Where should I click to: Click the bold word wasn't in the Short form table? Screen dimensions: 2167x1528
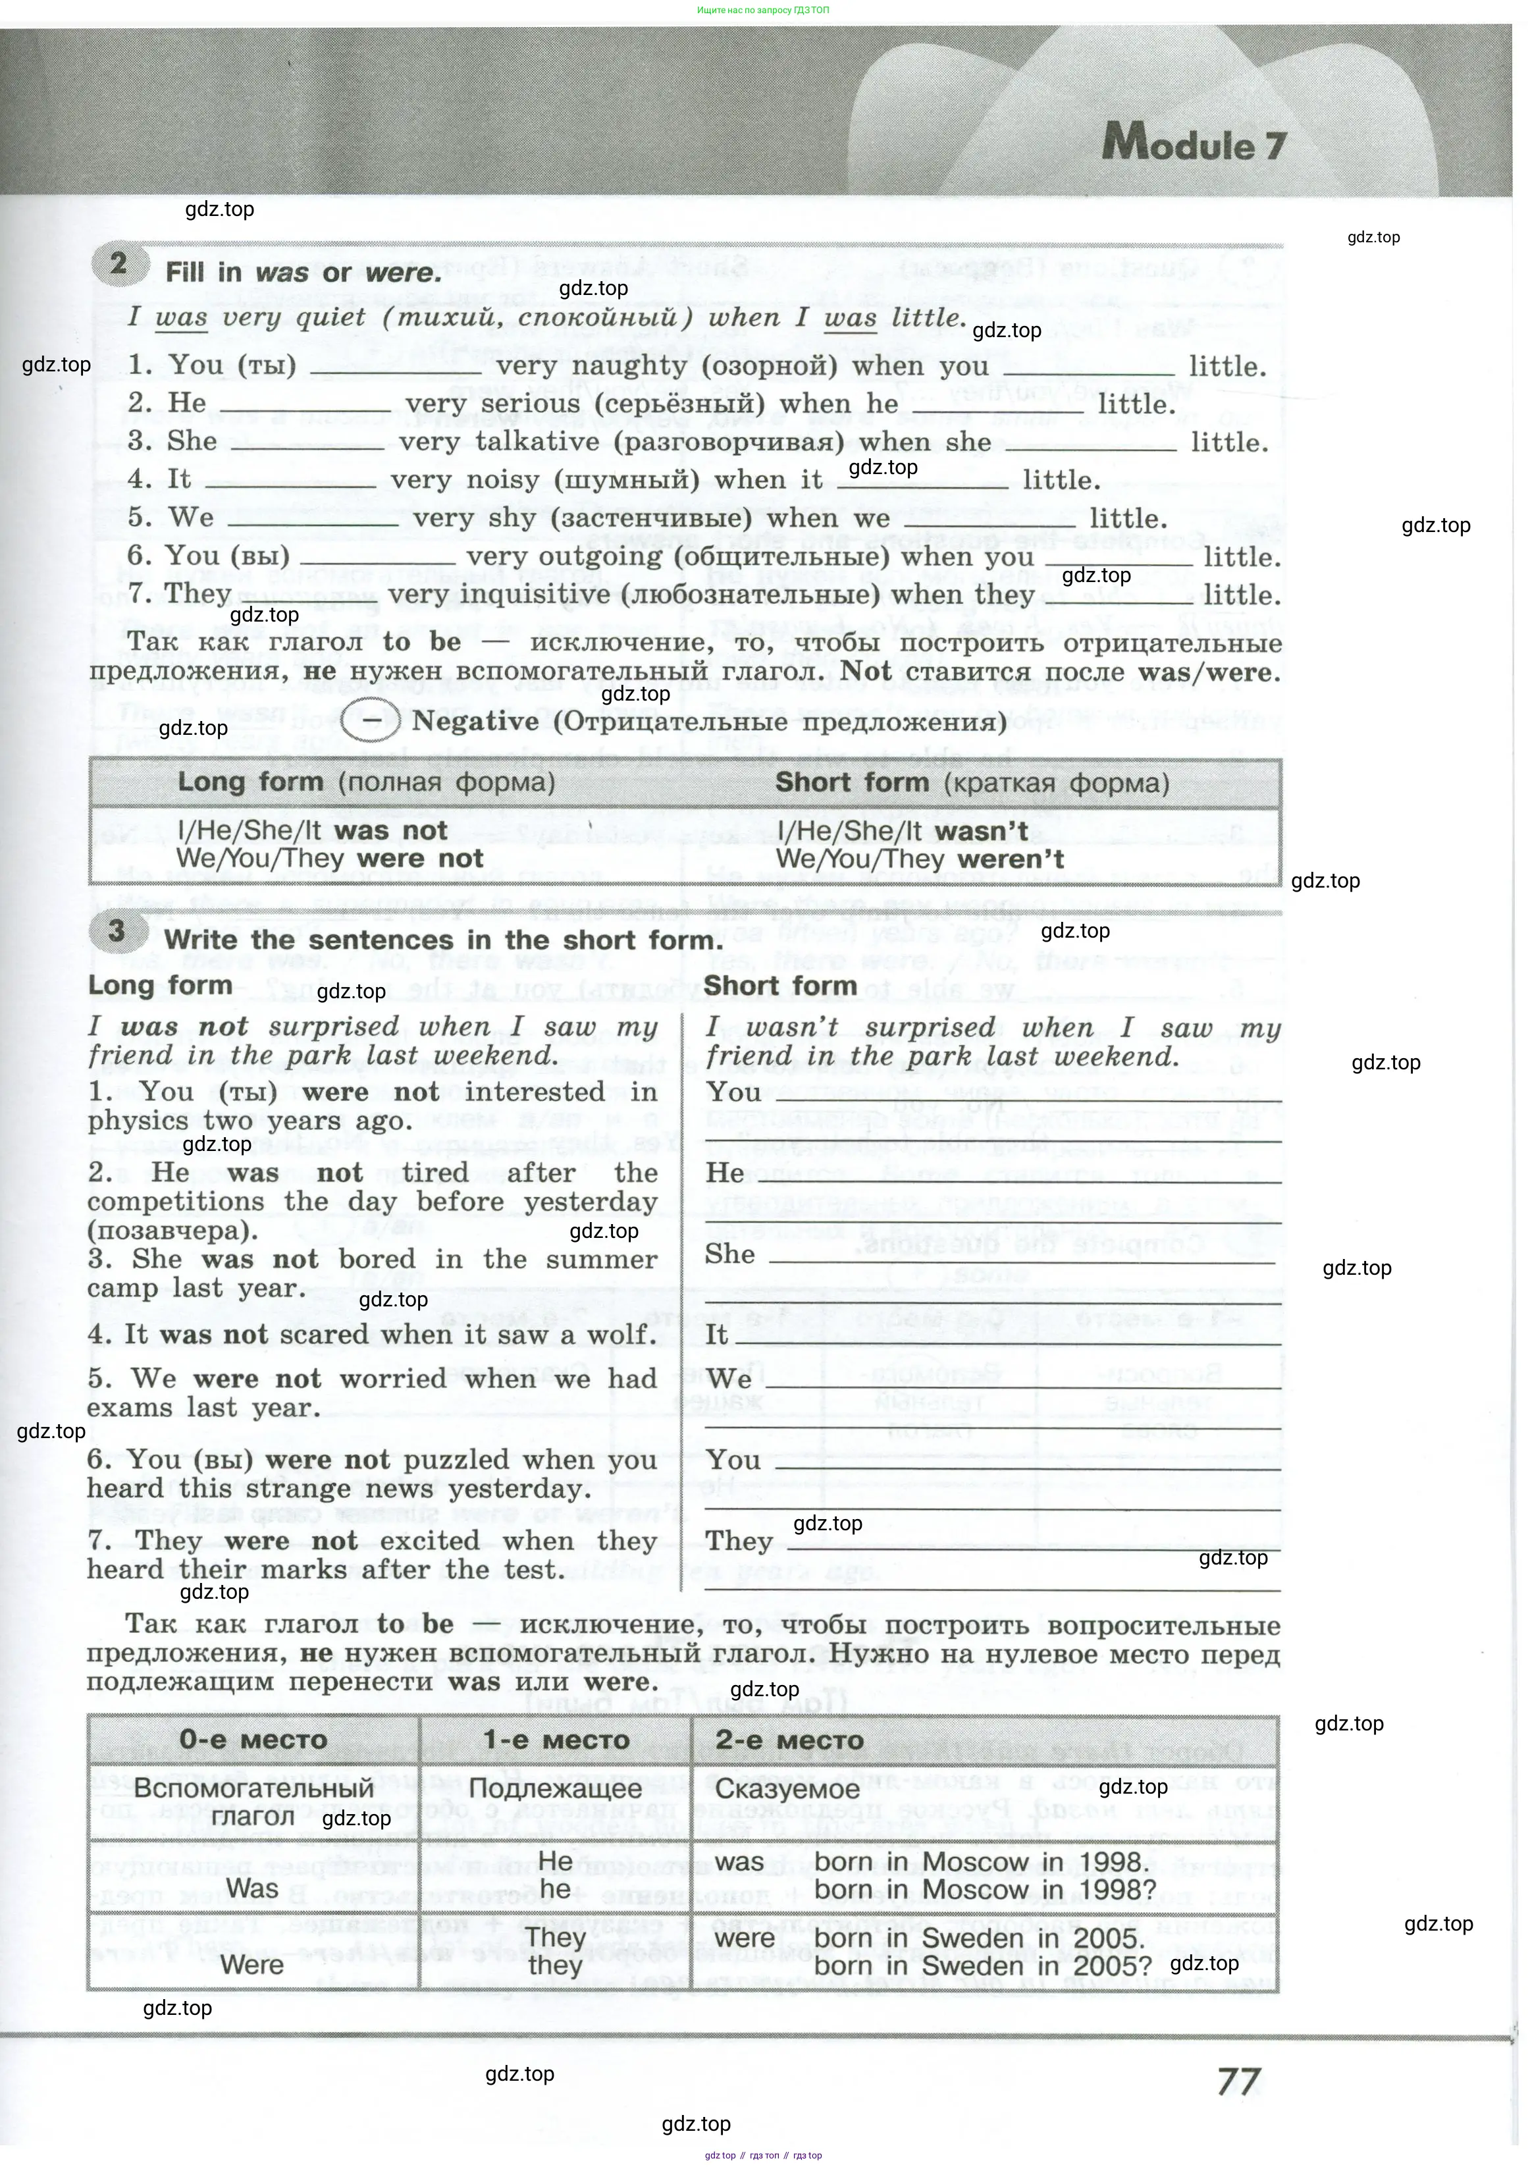click(981, 832)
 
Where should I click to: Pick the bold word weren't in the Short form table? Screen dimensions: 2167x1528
click(1010, 860)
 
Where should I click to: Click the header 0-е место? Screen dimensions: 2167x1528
click(253, 1740)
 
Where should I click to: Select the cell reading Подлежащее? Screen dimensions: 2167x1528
click(555, 1788)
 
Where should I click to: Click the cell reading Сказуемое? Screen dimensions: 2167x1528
click(787, 1788)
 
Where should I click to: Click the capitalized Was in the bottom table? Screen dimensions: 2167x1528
click(252, 1888)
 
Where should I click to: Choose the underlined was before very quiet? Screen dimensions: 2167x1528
click(181, 318)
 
